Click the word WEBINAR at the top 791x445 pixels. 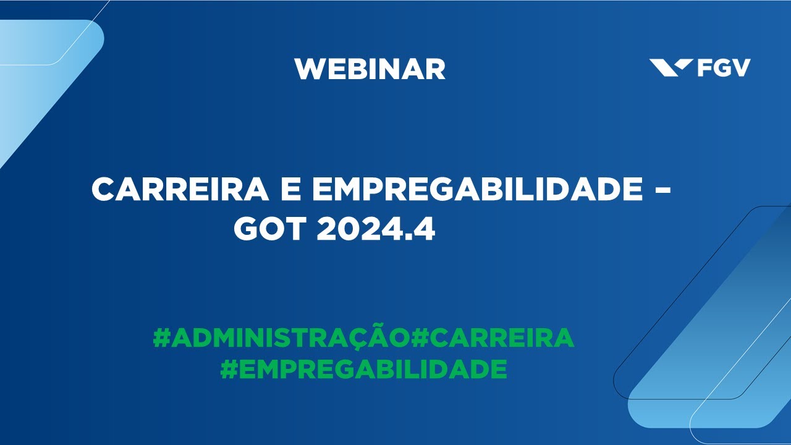click(x=370, y=69)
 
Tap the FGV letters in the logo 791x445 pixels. click(x=724, y=67)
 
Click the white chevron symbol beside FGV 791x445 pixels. click(x=671, y=67)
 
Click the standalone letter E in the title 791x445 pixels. click(x=291, y=189)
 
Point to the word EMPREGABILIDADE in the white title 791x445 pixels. click(x=477, y=189)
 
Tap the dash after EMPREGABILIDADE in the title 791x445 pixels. click(x=662, y=190)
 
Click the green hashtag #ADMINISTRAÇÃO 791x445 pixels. click(x=281, y=338)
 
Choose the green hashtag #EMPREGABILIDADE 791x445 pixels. click(x=363, y=369)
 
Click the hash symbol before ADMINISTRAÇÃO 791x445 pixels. click(x=161, y=338)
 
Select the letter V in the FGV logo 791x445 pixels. click(x=741, y=67)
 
